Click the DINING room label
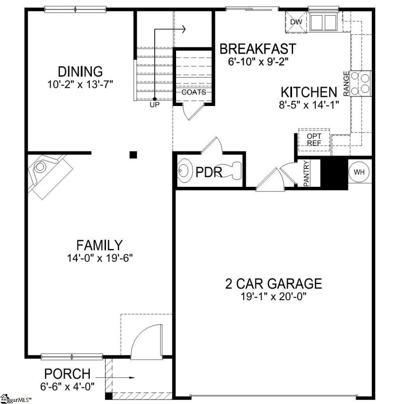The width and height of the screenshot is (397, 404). tap(80, 72)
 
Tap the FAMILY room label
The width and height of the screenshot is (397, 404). tap(99, 245)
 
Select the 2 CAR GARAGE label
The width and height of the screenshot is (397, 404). tap(273, 284)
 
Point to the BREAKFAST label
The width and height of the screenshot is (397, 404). tap(258, 48)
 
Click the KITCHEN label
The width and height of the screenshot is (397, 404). tap(309, 92)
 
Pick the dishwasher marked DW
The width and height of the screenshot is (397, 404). tap(296, 22)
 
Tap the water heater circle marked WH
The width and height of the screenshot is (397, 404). tap(359, 172)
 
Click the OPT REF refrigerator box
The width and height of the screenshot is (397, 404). tap(314, 140)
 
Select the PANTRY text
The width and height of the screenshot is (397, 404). tap(306, 173)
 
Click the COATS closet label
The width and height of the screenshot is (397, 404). tap(194, 92)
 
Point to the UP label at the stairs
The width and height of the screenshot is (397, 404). tap(154, 105)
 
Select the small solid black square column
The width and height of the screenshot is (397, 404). tap(133, 155)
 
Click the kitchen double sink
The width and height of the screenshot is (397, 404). tap(323, 22)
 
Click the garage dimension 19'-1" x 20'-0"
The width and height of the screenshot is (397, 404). tap(273, 296)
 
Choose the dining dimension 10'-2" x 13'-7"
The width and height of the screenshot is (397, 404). tap(80, 84)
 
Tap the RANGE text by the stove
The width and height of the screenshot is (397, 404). tap(347, 84)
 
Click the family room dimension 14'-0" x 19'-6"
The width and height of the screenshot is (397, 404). tap(100, 258)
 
